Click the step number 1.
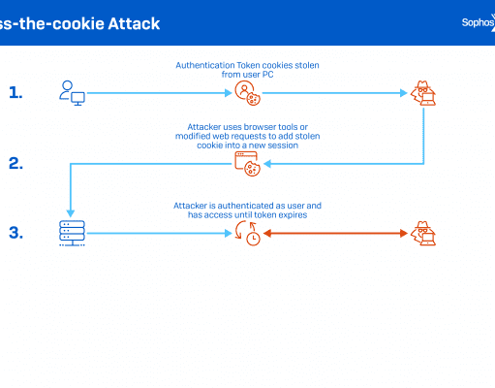(15, 92)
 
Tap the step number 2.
(15, 163)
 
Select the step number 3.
(15, 233)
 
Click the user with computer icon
(72, 93)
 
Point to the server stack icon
(72, 233)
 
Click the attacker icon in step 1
(423, 93)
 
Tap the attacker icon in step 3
(423, 233)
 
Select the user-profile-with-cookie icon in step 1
(247, 93)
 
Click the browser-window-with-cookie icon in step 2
(247, 164)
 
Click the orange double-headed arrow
(335, 233)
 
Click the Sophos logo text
(478, 22)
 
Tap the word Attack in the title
(134, 23)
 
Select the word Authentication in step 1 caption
(205, 65)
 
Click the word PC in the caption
(267, 75)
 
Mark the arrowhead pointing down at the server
(71, 213)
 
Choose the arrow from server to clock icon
(160, 233)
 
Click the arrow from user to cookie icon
(160, 93)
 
